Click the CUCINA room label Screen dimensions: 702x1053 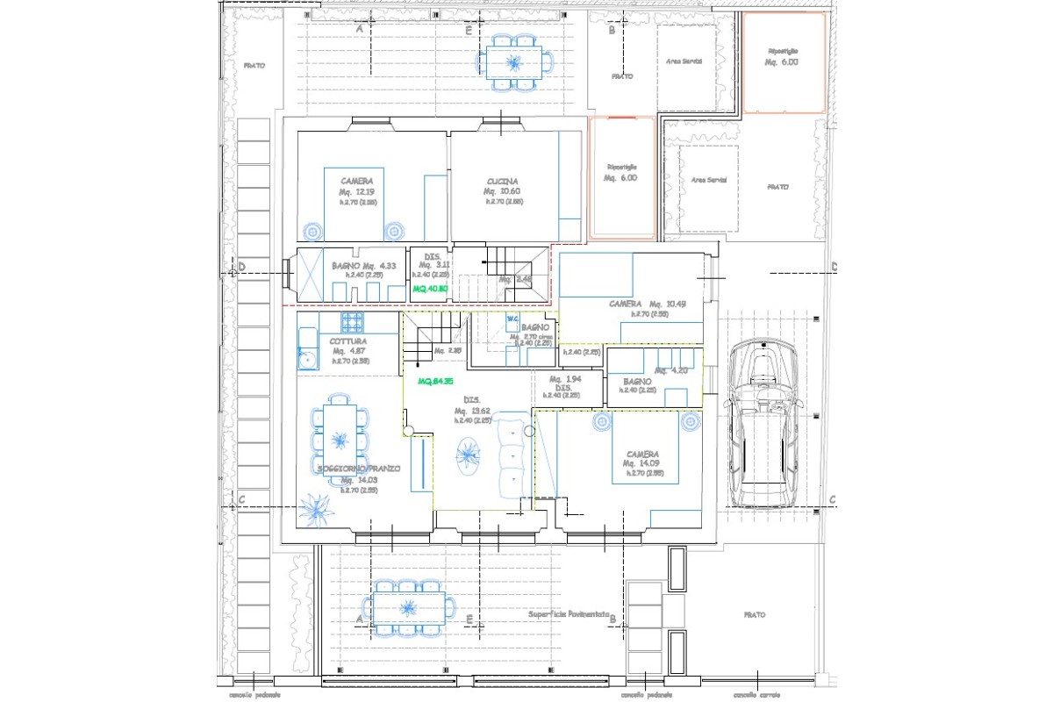click(504, 182)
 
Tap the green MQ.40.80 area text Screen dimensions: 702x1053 click(431, 288)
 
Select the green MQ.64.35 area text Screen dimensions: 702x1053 click(435, 382)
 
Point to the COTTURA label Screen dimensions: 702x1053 click(348, 340)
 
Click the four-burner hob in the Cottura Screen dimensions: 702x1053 click(352, 321)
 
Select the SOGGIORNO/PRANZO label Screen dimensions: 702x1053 click(358, 469)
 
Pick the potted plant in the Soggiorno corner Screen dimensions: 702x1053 click(315, 508)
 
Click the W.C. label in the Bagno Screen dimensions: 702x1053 click(514, 319)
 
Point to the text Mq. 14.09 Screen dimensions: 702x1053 click(641, 463)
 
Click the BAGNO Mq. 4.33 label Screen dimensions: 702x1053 click(364, 266)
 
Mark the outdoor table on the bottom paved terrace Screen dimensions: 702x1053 click(408, 606)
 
